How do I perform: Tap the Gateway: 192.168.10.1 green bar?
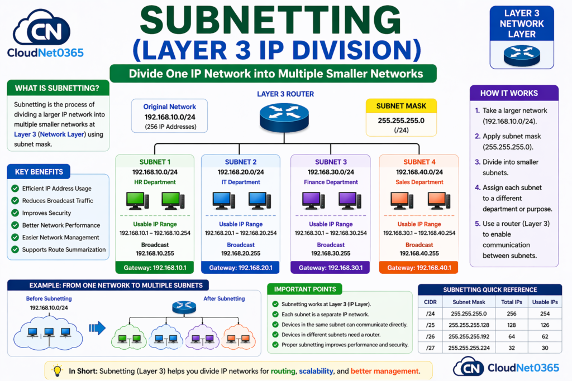155,268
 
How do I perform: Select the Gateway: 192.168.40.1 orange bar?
418,268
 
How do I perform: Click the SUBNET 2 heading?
241,162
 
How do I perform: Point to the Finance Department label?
330,182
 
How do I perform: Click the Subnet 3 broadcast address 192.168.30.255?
330,253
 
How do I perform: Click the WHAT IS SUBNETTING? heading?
58,88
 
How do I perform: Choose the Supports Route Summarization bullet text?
64,249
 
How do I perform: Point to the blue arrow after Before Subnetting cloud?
97,328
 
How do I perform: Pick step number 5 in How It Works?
477,224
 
